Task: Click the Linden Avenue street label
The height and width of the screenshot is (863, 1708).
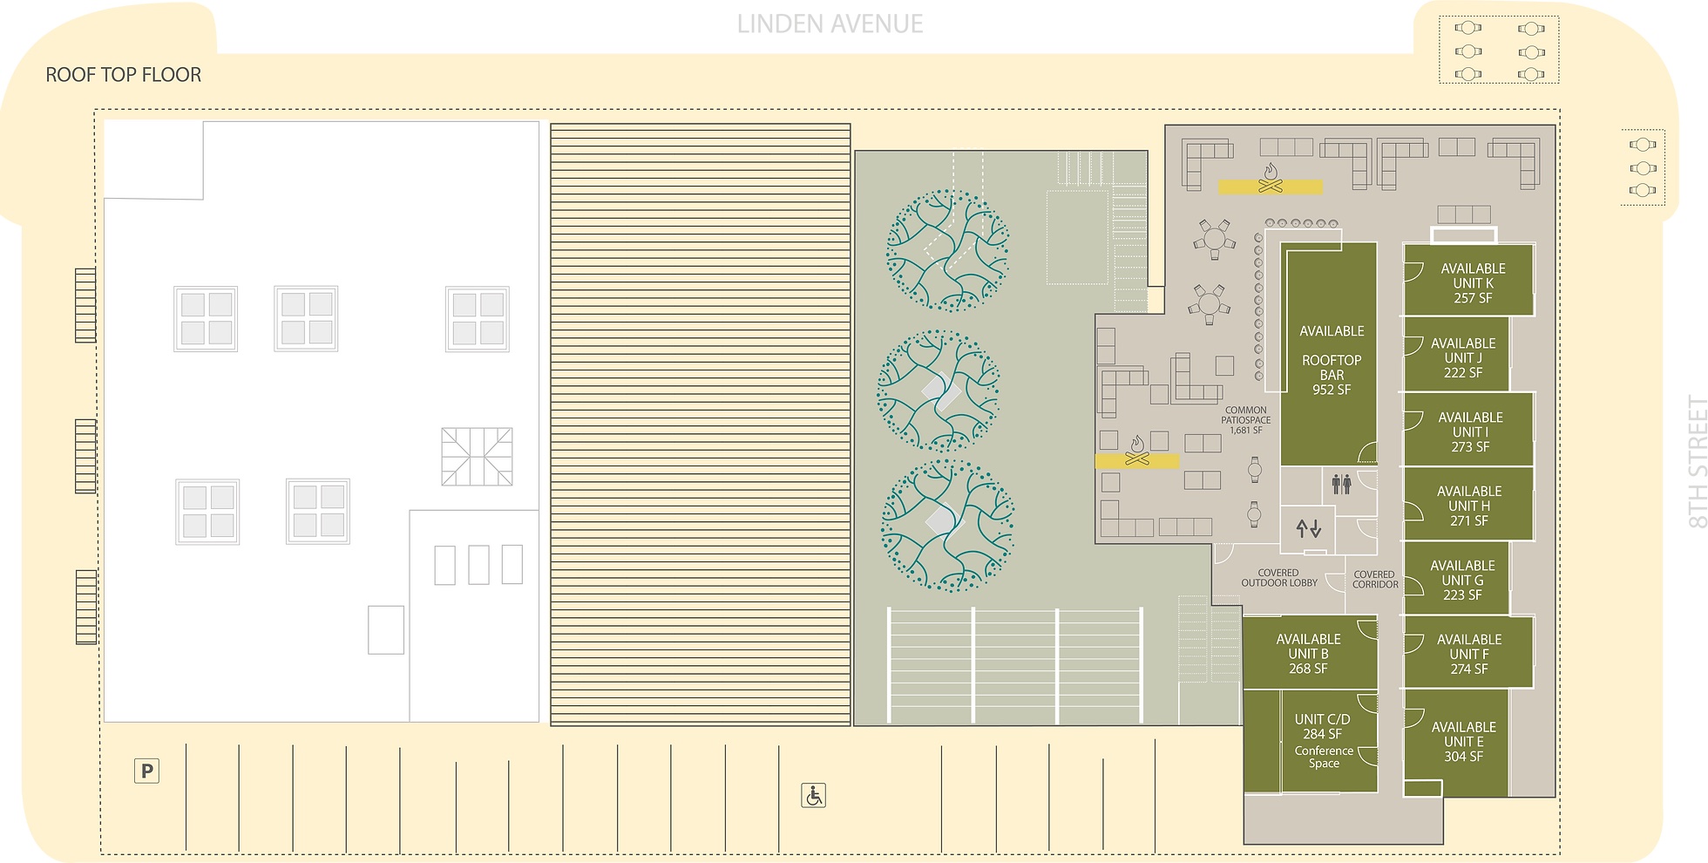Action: [830, 24]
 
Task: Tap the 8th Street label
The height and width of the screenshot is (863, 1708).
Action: [1697, 462]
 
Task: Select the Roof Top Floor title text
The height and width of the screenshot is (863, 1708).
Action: [123, 75]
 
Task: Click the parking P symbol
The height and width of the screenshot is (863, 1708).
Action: [146, 771]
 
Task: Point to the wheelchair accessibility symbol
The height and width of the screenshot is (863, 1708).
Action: [813, 795]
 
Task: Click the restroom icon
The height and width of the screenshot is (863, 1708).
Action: [1341, 484]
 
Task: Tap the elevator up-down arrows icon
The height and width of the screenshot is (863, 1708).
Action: [1309, 528]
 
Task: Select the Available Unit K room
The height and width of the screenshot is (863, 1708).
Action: [1468, 280]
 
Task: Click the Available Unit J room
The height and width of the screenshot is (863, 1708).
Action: [1456, 354]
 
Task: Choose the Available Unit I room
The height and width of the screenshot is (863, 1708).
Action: [1468, 429]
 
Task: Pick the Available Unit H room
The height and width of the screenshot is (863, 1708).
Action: [1468, 504]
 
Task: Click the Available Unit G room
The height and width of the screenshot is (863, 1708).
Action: [1456, 578]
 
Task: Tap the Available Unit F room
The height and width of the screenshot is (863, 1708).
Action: [1468, 652]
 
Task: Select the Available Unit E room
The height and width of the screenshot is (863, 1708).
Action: [1456, 742]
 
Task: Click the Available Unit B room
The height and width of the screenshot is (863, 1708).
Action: [1310, 653]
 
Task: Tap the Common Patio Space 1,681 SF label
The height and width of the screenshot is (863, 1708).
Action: [1246, 420]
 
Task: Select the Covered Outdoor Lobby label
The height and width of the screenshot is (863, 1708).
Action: [1278, 578]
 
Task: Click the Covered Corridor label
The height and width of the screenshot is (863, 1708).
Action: [1375, 580]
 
